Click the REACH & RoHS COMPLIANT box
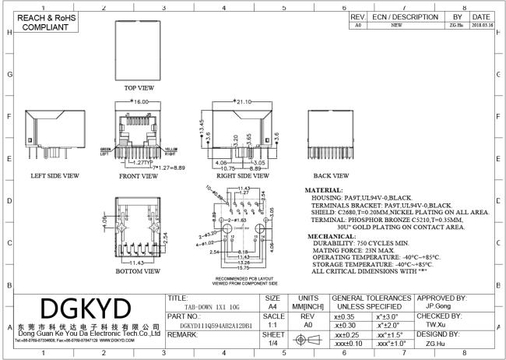(x=40, y=23)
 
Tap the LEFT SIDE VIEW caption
(x=54, y=176)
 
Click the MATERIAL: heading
(x=325, y=189)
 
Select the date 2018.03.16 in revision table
(x=480, y=25)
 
